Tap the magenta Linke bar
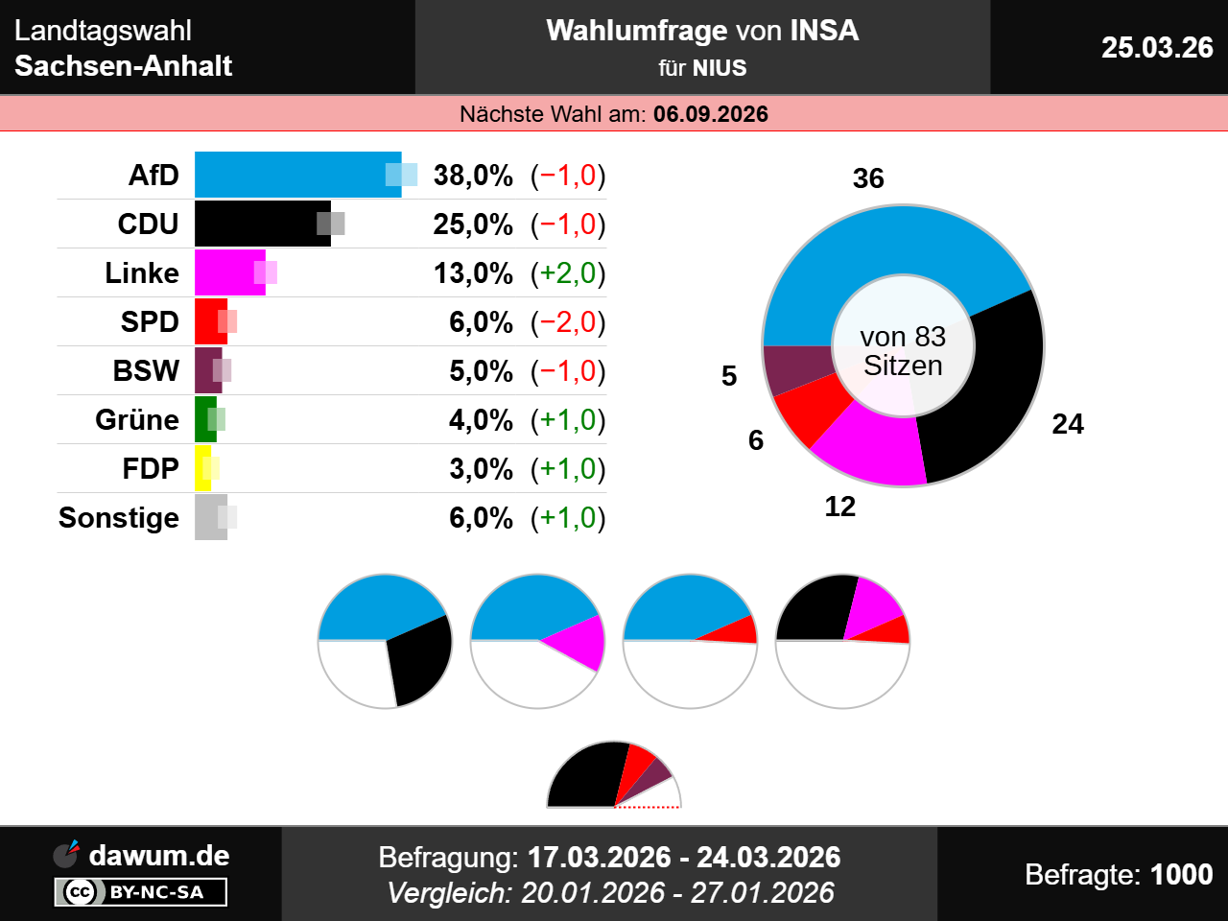(229, 272)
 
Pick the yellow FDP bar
(202, 468)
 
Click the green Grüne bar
(204, 419)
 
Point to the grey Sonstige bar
(210, 517)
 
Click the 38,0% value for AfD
(473, 176)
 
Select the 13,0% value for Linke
(473, 273)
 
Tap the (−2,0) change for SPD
(568, 322)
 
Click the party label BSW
(146, 371)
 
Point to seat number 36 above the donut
(868, 178)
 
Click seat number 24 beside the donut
(1068, 424)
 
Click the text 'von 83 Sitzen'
(903, 351)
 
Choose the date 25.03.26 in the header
(1157, 47)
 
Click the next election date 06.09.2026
(711, 114)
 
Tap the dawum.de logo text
(158, 855)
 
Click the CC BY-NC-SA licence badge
(141, 892)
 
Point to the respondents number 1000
(1181, 874)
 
